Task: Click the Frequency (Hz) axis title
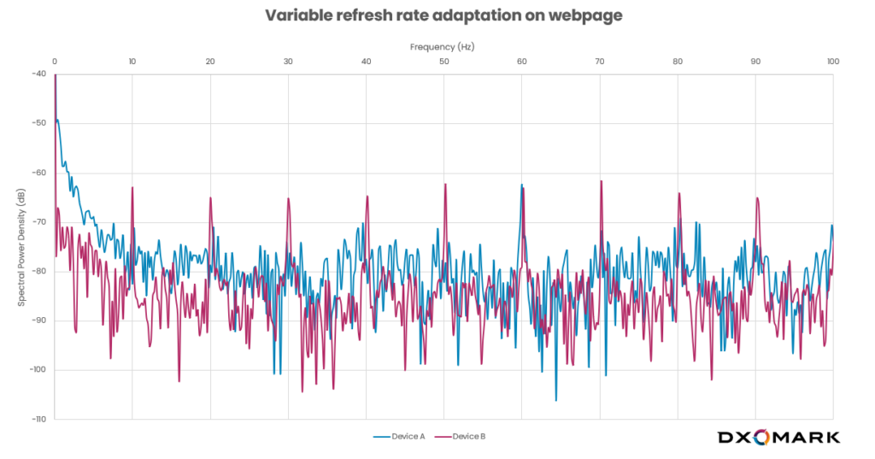click(x=442, y=46)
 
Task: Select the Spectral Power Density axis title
click(x=21, y=248)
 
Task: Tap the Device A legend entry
click(x=400, y=437)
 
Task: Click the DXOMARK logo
click(x=778, y=437)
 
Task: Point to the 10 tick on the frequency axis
click(x=132, y=62)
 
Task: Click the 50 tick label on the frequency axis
click(x=443, y=62)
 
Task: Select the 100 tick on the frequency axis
click(x=832, y=62)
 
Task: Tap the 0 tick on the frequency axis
click(x=55, y=62)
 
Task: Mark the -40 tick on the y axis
click(x=39, y=74)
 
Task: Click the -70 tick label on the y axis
click(x=39, y=222)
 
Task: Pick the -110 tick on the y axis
click(x=38, y=420)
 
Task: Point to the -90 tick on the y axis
click(x=39, y=321)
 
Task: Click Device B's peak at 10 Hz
click(x=132, y=187)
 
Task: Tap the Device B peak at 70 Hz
click(x=601, y=181)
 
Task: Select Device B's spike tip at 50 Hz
click(x=445, y=184)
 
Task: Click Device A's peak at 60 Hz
click(x=521, y=184)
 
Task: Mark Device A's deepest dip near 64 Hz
click(x=555, y=400)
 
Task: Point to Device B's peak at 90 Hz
click(x=757, y=198)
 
